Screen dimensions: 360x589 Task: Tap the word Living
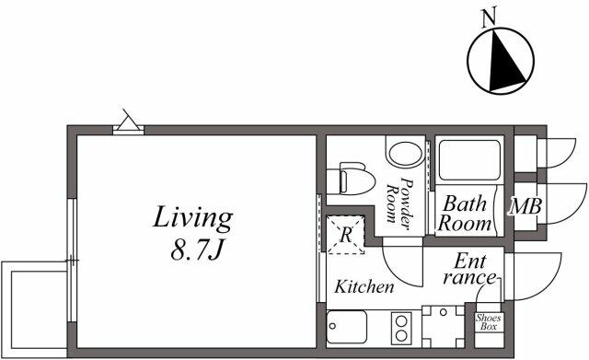click(191, 219)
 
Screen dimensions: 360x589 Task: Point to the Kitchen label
click(364, 287)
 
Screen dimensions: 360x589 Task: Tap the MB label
click(526, 205)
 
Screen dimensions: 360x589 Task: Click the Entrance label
click(469, 269)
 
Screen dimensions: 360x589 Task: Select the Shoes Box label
click(487, 322)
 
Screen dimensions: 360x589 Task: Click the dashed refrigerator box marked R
click(345, 234)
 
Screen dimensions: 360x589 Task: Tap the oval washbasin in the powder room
click(403, 154)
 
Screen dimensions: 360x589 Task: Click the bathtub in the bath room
click(467, 160)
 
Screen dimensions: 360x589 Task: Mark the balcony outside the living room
click(34, 305)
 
